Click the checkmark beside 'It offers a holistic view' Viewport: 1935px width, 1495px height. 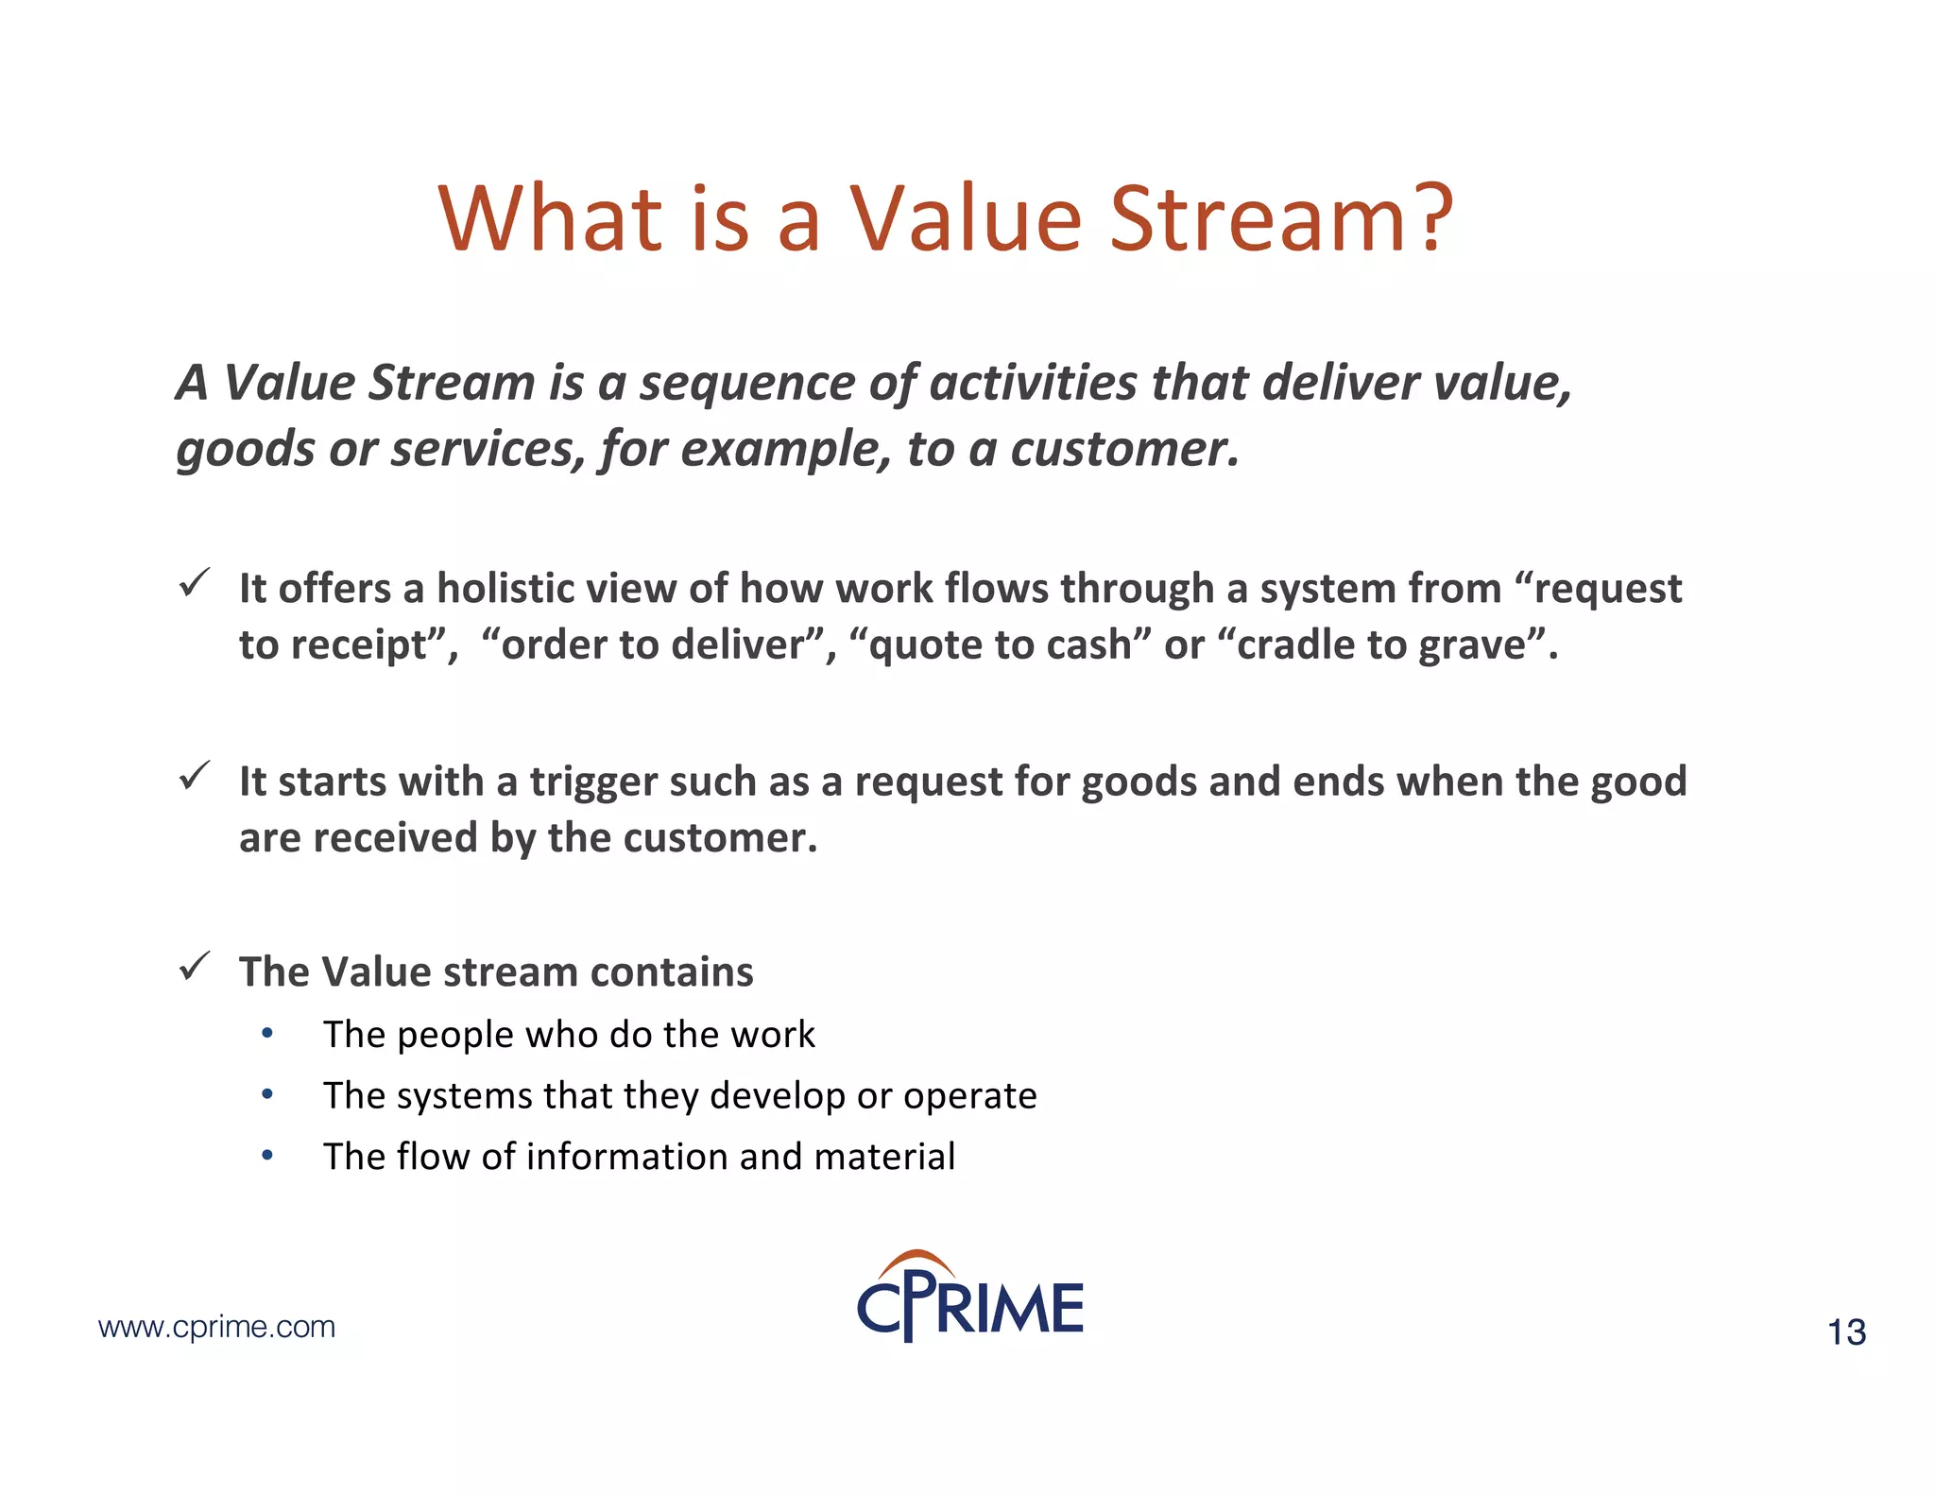(x=195, y=583)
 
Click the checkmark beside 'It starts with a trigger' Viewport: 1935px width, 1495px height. (x=195, y=776)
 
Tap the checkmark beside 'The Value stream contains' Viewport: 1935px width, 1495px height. (x=195, y=966)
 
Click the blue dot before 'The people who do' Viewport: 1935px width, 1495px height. (x=267, y=1034)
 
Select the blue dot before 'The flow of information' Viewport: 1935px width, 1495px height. (x=267, y=1155)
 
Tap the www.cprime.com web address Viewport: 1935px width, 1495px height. (x=216, y=1327)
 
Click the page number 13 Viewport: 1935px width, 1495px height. (x=1846, y=1332)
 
